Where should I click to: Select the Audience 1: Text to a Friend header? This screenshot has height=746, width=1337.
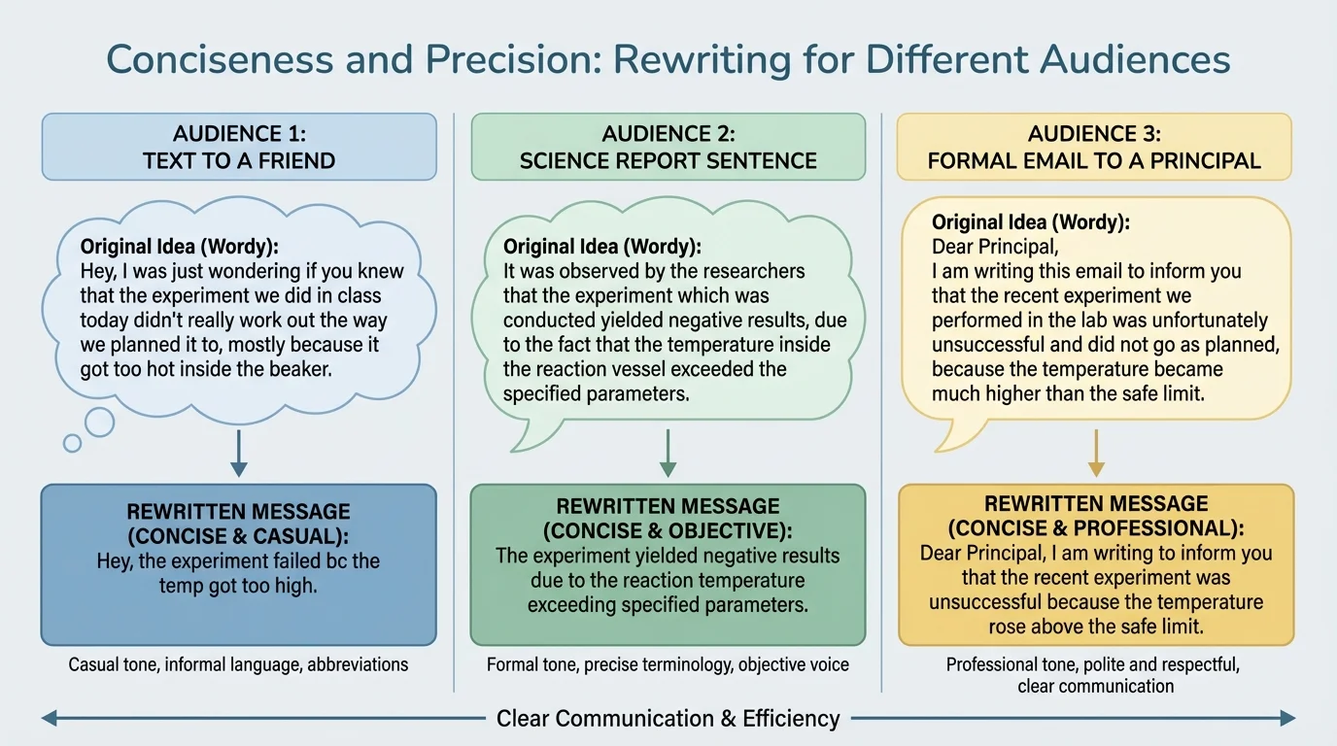coord(239,147)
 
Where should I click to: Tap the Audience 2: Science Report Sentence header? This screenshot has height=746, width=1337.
coord(668,147)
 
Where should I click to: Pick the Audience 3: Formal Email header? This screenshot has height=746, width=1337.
coord(1094,147)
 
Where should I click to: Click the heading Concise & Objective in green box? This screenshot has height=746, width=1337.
coord(668,531)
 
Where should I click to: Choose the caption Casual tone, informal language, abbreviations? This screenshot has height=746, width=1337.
coord(238,665)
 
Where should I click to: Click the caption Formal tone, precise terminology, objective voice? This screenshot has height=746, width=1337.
coord(668,665)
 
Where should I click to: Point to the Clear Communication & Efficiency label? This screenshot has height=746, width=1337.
coord(668,719)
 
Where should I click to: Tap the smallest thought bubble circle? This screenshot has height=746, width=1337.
coord(72,443)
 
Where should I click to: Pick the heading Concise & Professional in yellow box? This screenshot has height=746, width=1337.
coord(1096,528)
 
